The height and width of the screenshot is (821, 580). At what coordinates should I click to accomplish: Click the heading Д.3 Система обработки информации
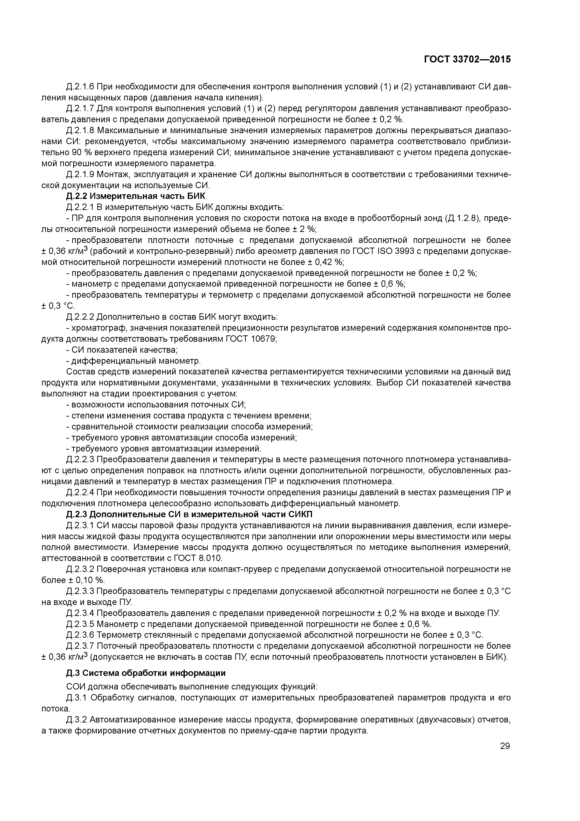coord(146,673)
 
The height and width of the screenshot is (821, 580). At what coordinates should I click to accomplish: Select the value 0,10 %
coord(89,580)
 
